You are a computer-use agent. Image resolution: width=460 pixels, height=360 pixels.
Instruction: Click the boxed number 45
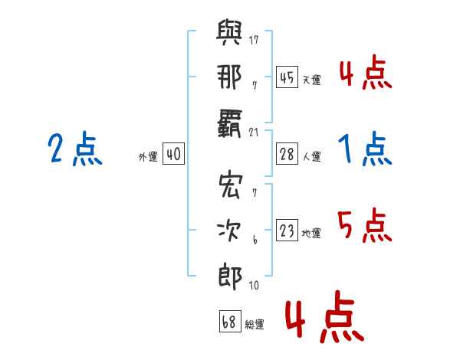287,77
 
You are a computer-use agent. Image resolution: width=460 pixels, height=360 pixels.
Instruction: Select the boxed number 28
287,154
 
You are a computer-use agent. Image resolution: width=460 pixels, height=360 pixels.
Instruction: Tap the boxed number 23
287,231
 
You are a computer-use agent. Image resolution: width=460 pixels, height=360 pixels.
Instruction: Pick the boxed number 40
173,154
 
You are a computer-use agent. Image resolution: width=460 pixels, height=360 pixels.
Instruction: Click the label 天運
312,80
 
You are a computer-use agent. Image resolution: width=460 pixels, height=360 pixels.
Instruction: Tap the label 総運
255,324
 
